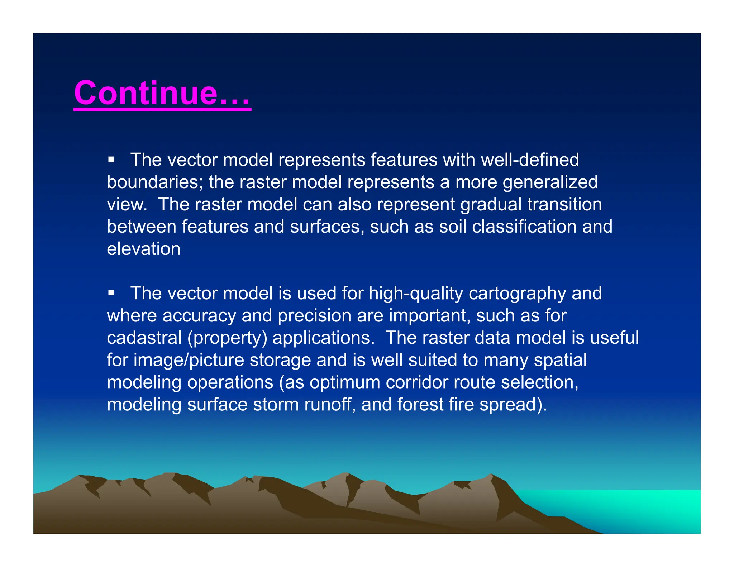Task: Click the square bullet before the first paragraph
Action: click(111, 159)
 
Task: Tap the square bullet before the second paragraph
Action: click(111, 293)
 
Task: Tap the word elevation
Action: click(143, 249)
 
